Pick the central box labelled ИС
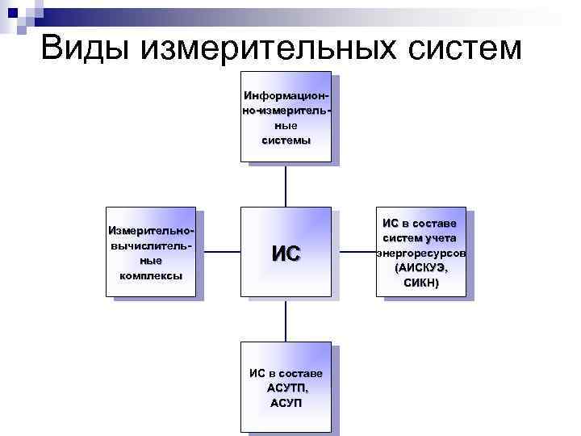click(286, 252)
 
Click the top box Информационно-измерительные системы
click(286, 118)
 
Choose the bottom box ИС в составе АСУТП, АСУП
click(286, 387)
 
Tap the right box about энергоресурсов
click(420, 254)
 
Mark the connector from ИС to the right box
click(353, 253)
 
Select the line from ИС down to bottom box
click(286, 319)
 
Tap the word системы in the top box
click(286, 140)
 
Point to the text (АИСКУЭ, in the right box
click(420, 267)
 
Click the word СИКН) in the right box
click(420, 282)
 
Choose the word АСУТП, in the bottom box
click(286, 388)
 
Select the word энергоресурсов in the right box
click(420, 253)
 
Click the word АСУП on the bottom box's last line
click(286, 402)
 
